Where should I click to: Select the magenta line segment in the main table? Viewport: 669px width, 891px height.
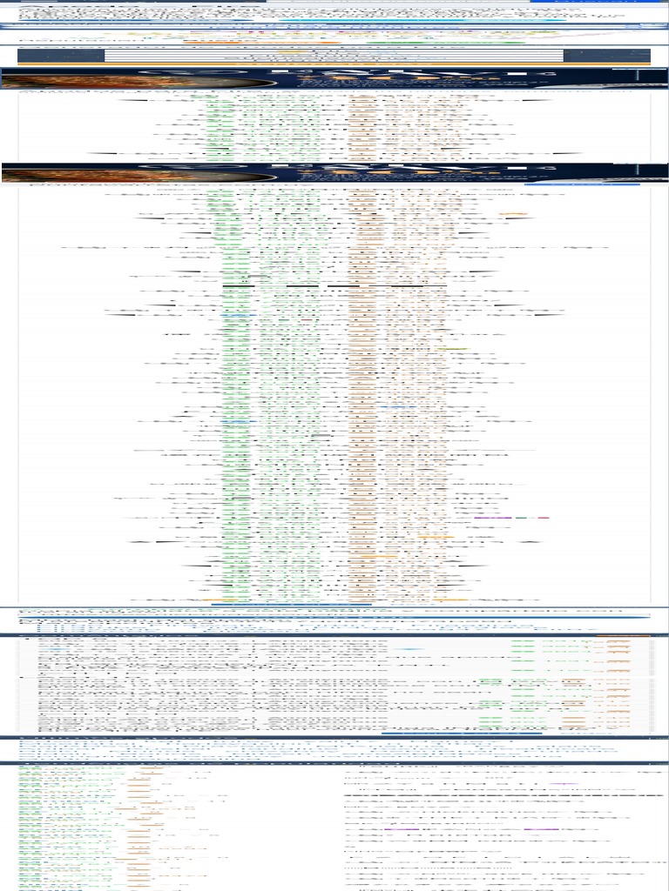point(493,518)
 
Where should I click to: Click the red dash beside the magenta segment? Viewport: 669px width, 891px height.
point(544,518)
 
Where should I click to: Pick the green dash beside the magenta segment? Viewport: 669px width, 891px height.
point(521,518)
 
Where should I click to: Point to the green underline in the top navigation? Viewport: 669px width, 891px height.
point(444,42)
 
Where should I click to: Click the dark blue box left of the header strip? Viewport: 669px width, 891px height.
point(60,56)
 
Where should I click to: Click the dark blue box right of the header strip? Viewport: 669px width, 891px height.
point(606,56)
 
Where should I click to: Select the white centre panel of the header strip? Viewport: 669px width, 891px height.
point(334,56)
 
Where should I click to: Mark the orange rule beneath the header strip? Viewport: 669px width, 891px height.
point(334,64)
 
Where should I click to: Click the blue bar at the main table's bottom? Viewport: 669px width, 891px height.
point(291,604)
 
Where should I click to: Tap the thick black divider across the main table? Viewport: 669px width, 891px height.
point(334,285)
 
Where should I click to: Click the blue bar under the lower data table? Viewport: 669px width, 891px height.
point(462,734)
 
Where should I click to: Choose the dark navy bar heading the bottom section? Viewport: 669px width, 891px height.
point(334,763)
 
